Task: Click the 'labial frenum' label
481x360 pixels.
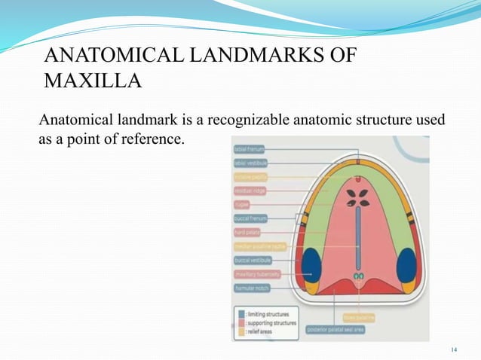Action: coord(250,149)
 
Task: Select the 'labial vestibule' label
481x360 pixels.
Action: coord(251,163)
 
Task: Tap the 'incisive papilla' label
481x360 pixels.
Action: coord(251,177)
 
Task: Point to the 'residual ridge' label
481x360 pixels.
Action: coord(249,191)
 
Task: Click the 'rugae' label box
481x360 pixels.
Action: coord(242,204)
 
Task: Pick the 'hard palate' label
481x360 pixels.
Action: coord(247,232)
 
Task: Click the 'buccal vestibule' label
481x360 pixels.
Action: coord(253,260)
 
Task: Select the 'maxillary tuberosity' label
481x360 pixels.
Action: coord(257,274)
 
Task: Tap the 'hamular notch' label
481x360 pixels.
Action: coord(251,288)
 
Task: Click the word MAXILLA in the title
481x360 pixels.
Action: coord(93,79)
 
